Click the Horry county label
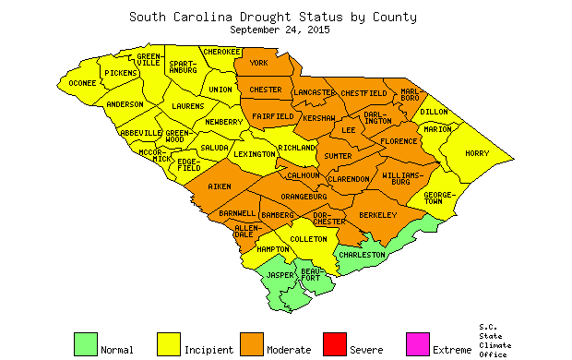[477, 153]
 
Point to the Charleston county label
[361, 255]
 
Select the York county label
[258, 63]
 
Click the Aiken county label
[220, 186]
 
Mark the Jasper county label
[280, 275]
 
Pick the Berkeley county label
[377, 215]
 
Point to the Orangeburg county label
[304, 196]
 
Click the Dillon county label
[434, 112]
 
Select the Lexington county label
[254, 154]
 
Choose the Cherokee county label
[222, 52]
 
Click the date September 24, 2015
[280, 30]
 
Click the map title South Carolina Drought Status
[272, 16]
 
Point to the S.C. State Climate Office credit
[495, 340]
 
